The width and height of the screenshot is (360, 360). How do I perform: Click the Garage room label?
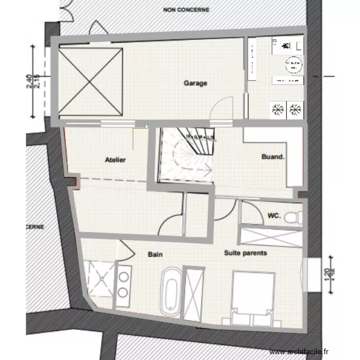click(195, 83)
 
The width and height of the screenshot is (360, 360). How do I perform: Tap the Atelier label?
click(115, 160)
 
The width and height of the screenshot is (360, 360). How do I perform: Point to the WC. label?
click(274, 216)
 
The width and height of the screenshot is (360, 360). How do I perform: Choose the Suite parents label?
click(245, 252)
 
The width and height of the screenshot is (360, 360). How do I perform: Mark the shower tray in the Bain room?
click(99, 278)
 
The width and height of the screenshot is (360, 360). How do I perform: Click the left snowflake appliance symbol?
click(277, 109)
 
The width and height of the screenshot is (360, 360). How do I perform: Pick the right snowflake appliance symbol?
click(295, 109)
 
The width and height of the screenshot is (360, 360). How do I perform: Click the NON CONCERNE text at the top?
click(186, 9)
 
